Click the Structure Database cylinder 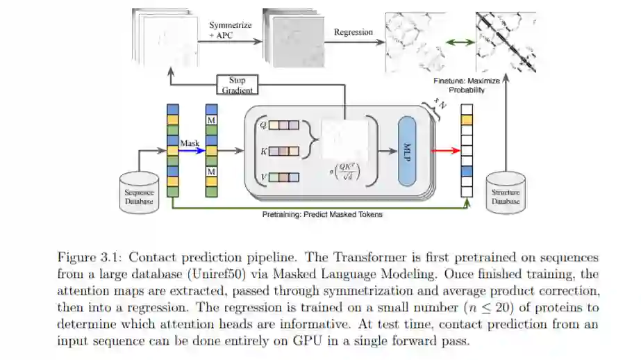pos(505,191)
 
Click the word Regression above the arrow pos(353,32)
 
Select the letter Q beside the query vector pos(263,125)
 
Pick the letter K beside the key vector pos(263,150)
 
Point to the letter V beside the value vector pos(263,177)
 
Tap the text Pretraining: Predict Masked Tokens pos(322,214)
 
